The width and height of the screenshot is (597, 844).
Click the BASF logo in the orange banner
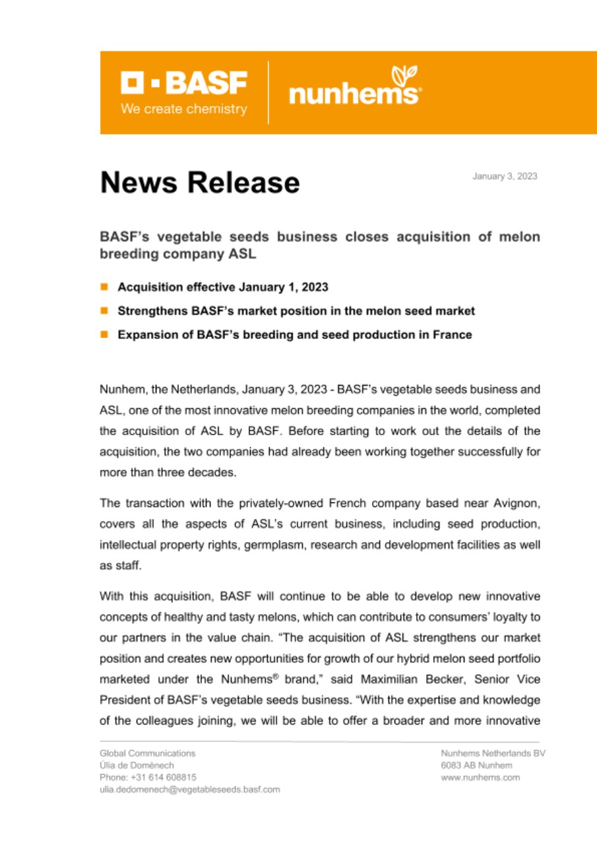point(183,84)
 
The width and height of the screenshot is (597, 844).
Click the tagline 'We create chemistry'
point(183,109)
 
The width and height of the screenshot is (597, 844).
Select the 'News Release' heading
point(199,182)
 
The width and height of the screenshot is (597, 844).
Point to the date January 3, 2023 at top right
point(504,176)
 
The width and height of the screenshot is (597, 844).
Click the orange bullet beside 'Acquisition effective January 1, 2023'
point(104,287)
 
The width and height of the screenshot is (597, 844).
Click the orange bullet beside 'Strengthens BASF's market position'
point(104,311)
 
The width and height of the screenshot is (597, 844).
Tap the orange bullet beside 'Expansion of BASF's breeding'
point(104,334)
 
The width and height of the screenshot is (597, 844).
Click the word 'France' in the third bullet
point(453,334)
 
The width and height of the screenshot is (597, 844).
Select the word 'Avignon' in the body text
point(518,503)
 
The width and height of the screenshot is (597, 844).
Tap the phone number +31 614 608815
point(148,777)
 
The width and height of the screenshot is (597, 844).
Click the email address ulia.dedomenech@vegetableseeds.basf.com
point(190,789)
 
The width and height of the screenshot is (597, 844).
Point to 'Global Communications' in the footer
point(147,753)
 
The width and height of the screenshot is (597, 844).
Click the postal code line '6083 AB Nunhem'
point(476,766)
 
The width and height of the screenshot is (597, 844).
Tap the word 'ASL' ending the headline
point(242,253)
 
